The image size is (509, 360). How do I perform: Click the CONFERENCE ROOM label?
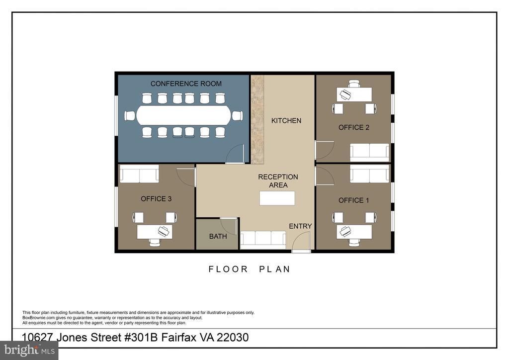click(186, 84)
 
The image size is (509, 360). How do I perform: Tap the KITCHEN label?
click(286, 121)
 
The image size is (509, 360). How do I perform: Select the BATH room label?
click(218, 236)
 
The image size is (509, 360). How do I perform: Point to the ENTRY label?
click(300, 226)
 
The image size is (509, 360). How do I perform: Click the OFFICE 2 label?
click(354, 128)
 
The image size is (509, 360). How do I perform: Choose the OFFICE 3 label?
click(156, 199)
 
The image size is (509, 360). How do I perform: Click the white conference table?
click(184, 115)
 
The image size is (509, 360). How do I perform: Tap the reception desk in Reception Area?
click(277, 198)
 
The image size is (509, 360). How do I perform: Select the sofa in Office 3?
click(139, 174)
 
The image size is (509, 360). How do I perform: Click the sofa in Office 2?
click(369, 152)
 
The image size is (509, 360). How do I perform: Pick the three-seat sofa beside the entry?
click(263, 240)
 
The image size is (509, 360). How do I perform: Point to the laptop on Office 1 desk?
click(344, 231)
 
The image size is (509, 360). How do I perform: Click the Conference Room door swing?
click(235, 154)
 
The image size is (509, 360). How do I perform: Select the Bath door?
click(229, 226)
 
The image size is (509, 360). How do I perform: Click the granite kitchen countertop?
click(257, 119)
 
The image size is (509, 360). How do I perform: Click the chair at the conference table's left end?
click(130, 115)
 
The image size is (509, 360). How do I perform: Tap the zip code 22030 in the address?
click(233, 338)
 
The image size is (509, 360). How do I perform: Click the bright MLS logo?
click(29, 350)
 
